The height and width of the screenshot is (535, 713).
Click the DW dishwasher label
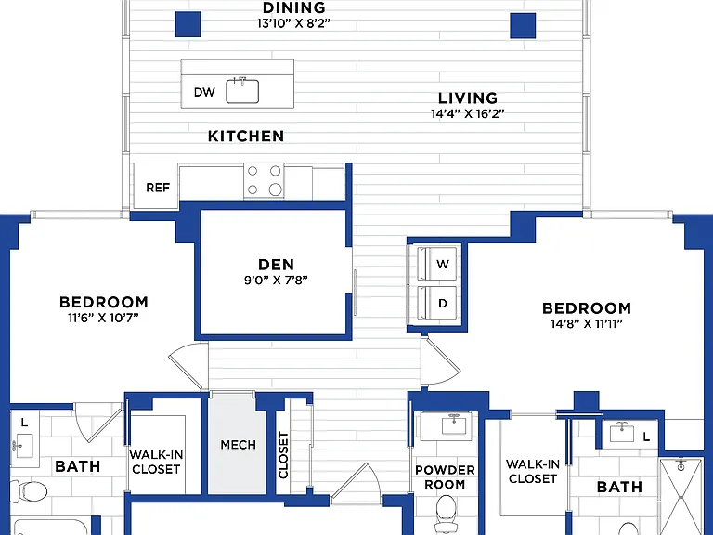pyautogui.click(x=204, y=92)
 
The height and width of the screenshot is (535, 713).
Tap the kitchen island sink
pyautogui.click(x=242, y=90)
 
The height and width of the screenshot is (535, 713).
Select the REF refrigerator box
pyautogui.click(x=156, y=186)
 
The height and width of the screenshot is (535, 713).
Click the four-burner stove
pyautogui.click(x=264, y=180)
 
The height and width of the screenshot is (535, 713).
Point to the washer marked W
pyautogui.click(x=436, y=264)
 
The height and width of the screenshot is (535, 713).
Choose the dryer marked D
pyautogui.click(x=436, y=303)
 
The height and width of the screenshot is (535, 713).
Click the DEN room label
pyautogui.click(x=276, y=265)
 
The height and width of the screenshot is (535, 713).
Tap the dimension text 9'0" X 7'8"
pyautogui.click(x=276, y=281)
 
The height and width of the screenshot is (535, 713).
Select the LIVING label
pyautogui.click(x=468, y=98)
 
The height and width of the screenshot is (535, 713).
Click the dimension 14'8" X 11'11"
pyautogui.click(x=587, y=324)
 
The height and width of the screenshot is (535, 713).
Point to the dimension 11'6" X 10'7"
pyautogui.click(x=103, y=318)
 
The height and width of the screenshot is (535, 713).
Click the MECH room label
pyautogui.click(x=239, y=445)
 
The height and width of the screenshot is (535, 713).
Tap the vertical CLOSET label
pyautogui.click(x=283, y=455)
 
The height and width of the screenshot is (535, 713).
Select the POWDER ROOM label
pyautogui.click(x=446, y=477)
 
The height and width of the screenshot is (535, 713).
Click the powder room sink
pyautogui.click(x=454, y=425)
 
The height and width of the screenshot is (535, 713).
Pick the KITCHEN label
pyautogui.click(x=246, y=136)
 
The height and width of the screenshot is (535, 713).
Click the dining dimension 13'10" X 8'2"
pyautogui.click(x=293, y=23)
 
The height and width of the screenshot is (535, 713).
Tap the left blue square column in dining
pyautogui.click(x=188, y=24)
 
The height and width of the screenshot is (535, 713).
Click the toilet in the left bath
pyautogui.click(x=29, y=491)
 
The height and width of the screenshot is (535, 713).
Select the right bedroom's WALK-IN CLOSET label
pyautogui.click(x=533, y=471)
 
